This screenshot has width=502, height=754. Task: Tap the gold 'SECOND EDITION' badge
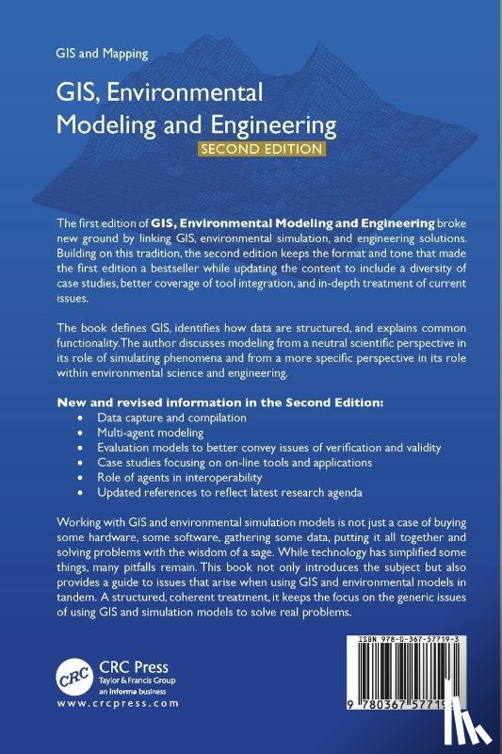point(260,149)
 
